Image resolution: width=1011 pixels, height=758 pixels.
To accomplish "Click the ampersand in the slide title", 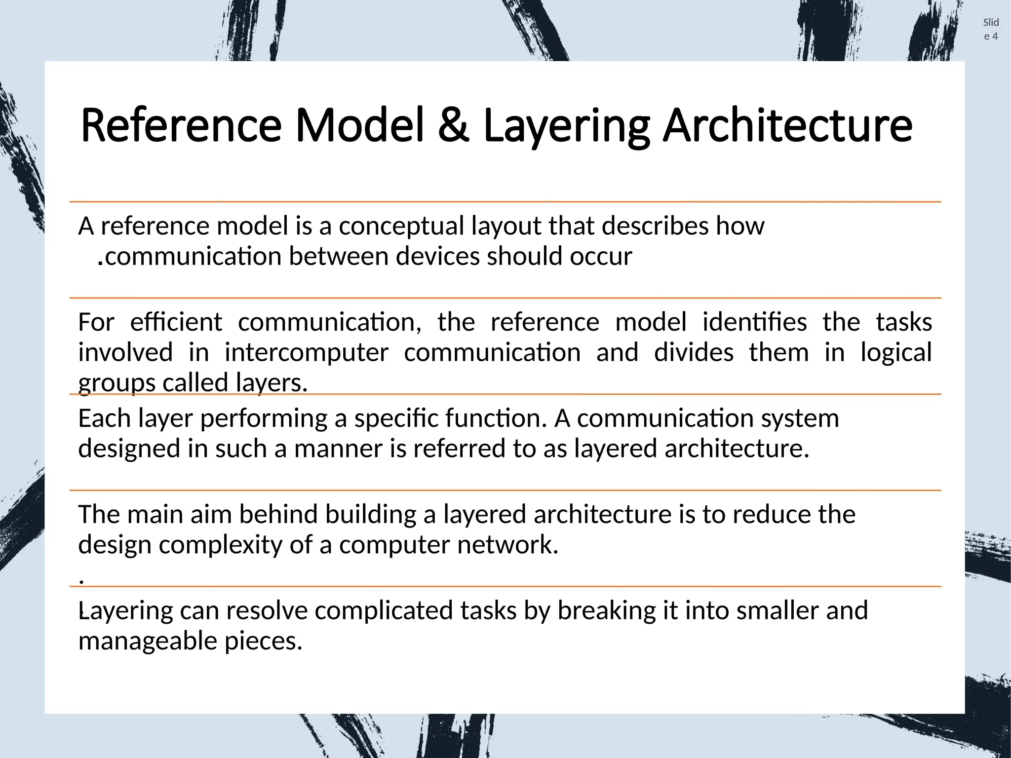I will tap(453, 126).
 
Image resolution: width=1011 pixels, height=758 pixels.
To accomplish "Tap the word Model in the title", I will tap(359, 126).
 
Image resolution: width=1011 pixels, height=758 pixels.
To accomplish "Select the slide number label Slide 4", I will tap(991, 29).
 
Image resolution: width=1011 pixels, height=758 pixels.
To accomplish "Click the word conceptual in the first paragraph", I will tap(401, 227).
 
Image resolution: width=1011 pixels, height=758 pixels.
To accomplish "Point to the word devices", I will tap(437, 257).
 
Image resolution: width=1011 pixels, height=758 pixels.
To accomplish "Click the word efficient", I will tap(176, 323).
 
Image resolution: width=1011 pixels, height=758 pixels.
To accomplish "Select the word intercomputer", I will tap(306, 353).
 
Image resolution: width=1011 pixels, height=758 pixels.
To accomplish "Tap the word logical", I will tap(896, 353).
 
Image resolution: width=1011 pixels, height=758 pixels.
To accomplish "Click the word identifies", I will tap(754, 323).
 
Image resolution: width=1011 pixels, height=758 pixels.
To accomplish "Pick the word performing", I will tap(264, 419).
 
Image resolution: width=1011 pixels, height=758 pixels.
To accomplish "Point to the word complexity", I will tap(221, 545).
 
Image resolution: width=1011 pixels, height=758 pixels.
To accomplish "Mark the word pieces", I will tap(263, 642).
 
